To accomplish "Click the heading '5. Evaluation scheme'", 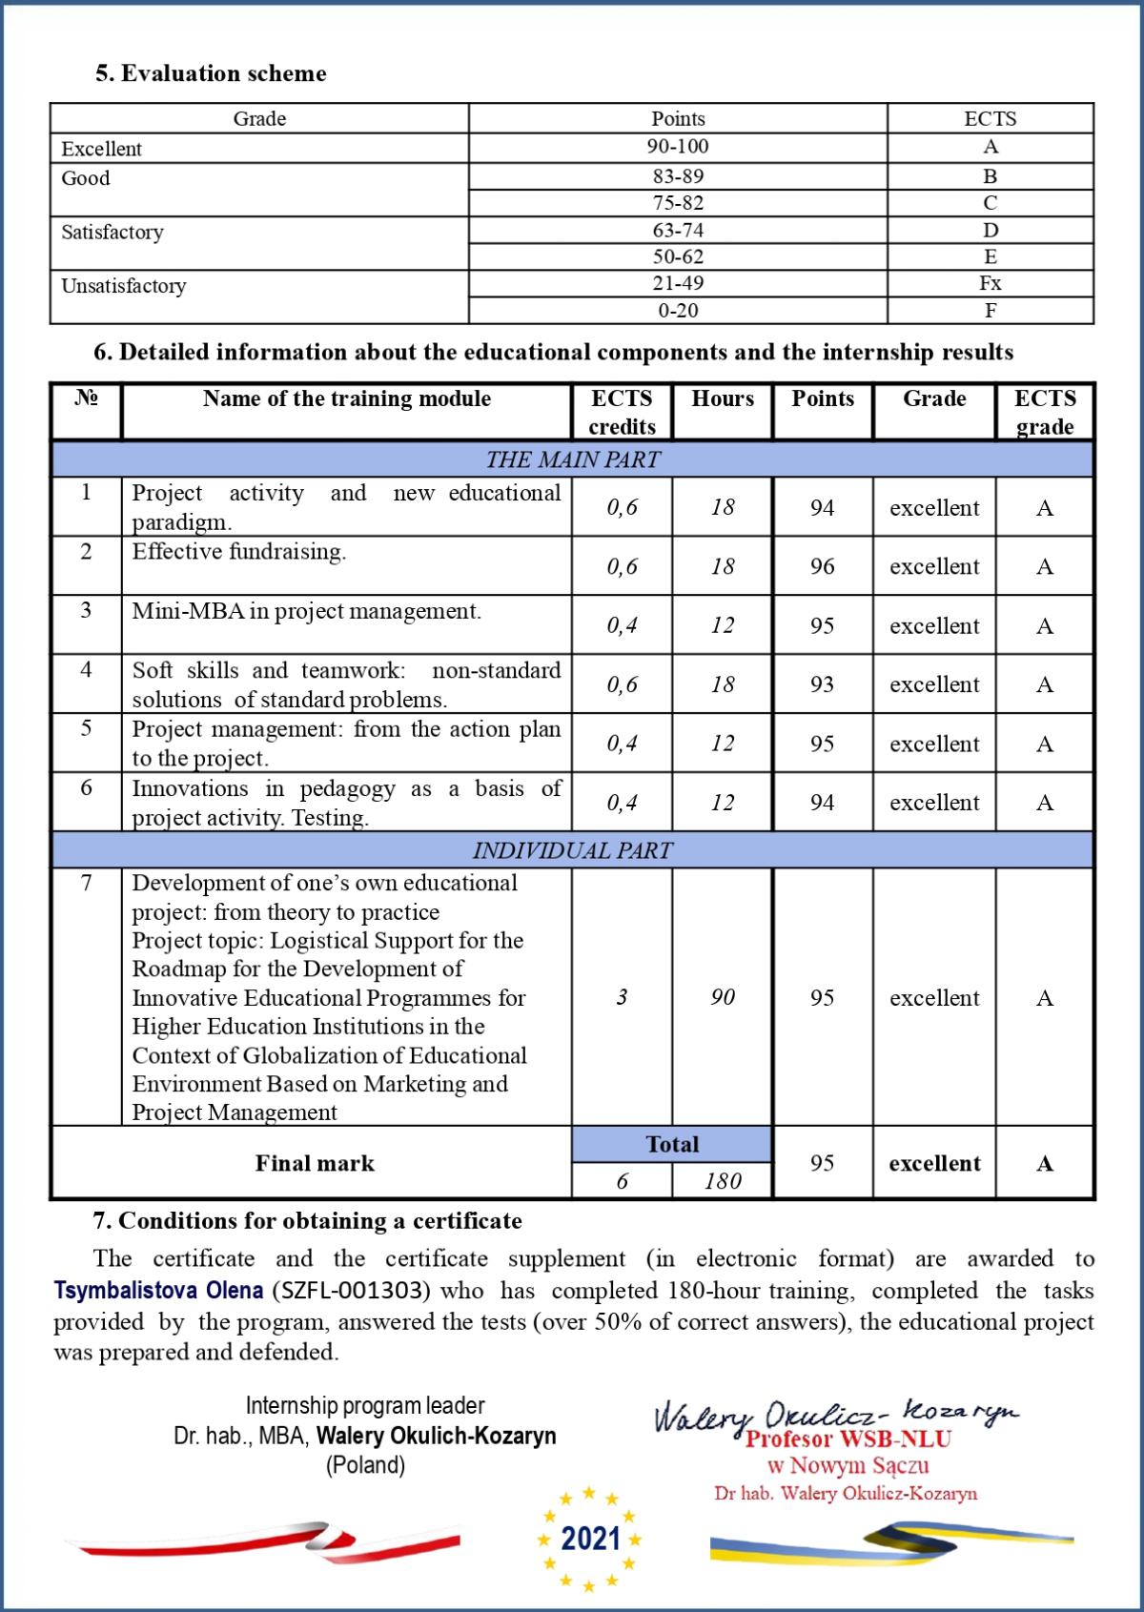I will [x=211, y=73].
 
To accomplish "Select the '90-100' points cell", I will [x=678, y=147].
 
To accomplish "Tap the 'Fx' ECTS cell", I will [x=990, y=283].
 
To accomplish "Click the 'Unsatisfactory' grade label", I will [x=124, y=286].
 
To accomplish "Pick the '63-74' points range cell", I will [x=678, y=230].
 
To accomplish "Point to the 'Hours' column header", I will [x=723, y=398].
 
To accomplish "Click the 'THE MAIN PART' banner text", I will [x=572, y=459].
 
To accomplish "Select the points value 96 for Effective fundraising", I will [x=822, y=566].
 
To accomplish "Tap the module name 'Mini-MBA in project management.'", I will [x=306, y=611].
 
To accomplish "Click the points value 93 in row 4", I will [x=822, y=684].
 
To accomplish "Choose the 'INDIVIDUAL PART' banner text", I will [x=572, y=850].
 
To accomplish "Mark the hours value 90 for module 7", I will [x=723, y=997].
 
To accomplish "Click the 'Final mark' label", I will [x=315, y=1163].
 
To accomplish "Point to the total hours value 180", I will [x=723, y=1181].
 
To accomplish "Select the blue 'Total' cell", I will [x=672, y=1144].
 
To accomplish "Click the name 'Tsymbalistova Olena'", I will [x=158, y=1291].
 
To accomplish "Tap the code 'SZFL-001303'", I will [x=352, y=1291].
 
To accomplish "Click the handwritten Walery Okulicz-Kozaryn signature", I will [x=834, y=1415].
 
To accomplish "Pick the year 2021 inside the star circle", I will [x=591, y=1538].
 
